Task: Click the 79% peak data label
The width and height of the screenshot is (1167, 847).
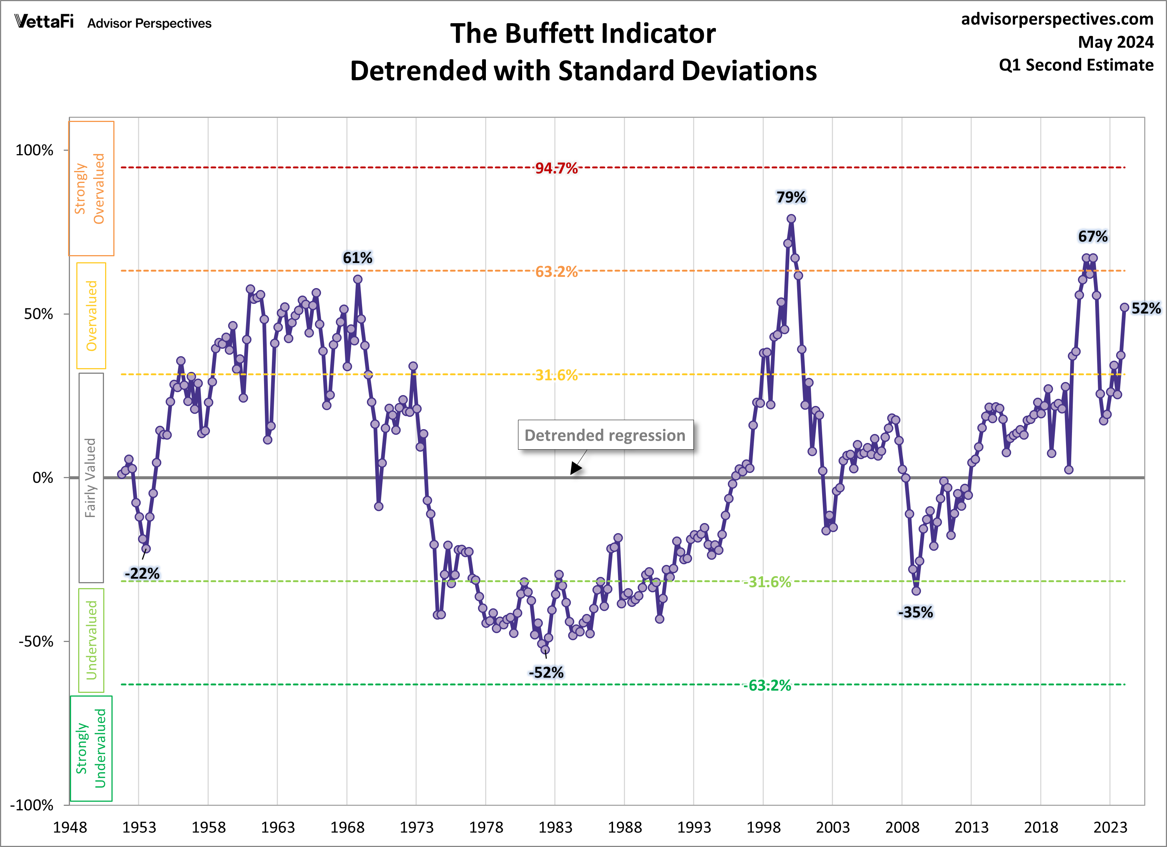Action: pos(791,197)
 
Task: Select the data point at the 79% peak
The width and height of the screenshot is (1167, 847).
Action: pos(791,219)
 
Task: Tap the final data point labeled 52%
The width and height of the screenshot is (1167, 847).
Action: pos(1124,307)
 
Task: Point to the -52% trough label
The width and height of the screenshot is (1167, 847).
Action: pos(546,673)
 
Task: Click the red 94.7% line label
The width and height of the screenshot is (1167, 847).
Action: pos(556,168)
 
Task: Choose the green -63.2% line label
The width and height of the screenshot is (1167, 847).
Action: pos(767,685)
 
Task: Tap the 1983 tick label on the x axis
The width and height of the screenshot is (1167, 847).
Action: pos(555,828)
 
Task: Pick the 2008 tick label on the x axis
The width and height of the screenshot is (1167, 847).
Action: pos(902,828)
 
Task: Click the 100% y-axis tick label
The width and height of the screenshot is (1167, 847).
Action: pos(34,150)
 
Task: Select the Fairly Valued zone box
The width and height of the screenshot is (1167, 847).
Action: pos(91,477)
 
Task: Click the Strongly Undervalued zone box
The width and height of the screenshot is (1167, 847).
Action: pos(91,748)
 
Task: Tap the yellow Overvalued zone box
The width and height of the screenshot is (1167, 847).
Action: pos(91,315)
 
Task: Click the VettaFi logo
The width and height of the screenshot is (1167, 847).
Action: pos(44,22)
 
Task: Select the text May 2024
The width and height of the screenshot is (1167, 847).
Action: pos(1115,42)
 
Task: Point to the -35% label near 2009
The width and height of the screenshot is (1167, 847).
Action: pos(915,612)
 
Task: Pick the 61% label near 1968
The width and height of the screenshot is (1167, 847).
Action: pos(358,258)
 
